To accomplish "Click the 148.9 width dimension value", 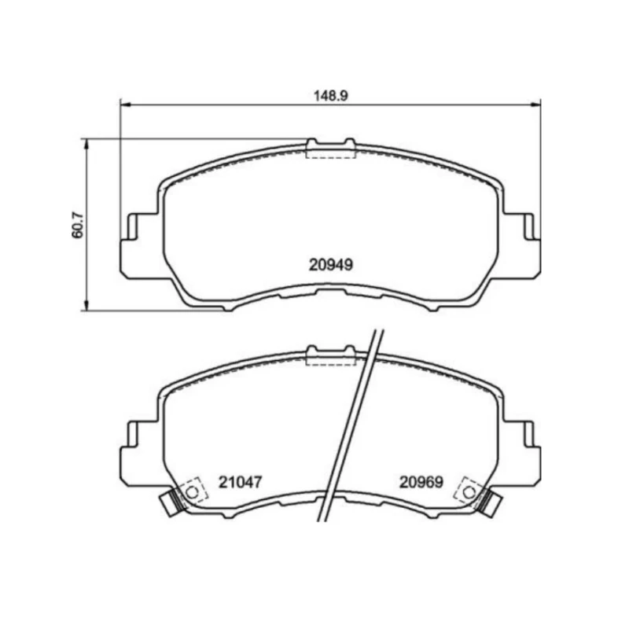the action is pyautogui.click(x=330, y=95).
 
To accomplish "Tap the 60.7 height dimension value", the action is pyautogui.click(x=78, y=225).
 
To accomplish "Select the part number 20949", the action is pyautogui.click(x=331, y=265).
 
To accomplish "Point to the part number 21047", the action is pyautogui.click(x=240, y=482).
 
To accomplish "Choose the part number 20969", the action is pyautogui.click(x=421, y=482).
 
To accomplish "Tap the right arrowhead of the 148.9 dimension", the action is pyautogui.click(x=535, y=105).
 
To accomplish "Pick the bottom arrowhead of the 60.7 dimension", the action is pyautogui.click(x=85, y=305).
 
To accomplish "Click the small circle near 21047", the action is pyautogui.click(x=193, y=492).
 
